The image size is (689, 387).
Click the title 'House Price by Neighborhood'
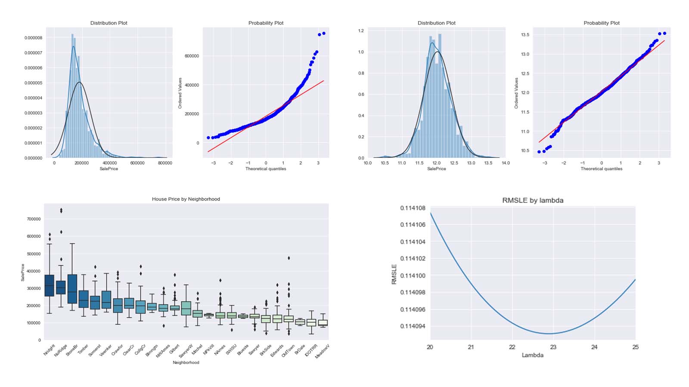186,199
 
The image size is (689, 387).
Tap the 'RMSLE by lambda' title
533,200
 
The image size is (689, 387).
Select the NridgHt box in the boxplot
49,286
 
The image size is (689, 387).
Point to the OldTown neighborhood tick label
288,351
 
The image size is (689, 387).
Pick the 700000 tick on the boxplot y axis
34,219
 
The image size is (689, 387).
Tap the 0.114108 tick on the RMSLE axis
413,208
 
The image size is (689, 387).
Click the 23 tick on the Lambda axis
553,347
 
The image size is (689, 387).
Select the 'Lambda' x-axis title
532,355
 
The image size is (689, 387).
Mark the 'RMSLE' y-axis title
394,274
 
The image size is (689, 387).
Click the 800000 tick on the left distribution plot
165,163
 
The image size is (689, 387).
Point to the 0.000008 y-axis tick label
33,38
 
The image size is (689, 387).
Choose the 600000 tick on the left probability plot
191,56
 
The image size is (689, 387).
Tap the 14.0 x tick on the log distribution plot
505,163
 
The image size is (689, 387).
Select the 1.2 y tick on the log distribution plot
361,31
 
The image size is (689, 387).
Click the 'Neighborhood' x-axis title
186,362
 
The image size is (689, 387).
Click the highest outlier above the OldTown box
289,258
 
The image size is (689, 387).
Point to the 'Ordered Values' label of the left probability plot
180,93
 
